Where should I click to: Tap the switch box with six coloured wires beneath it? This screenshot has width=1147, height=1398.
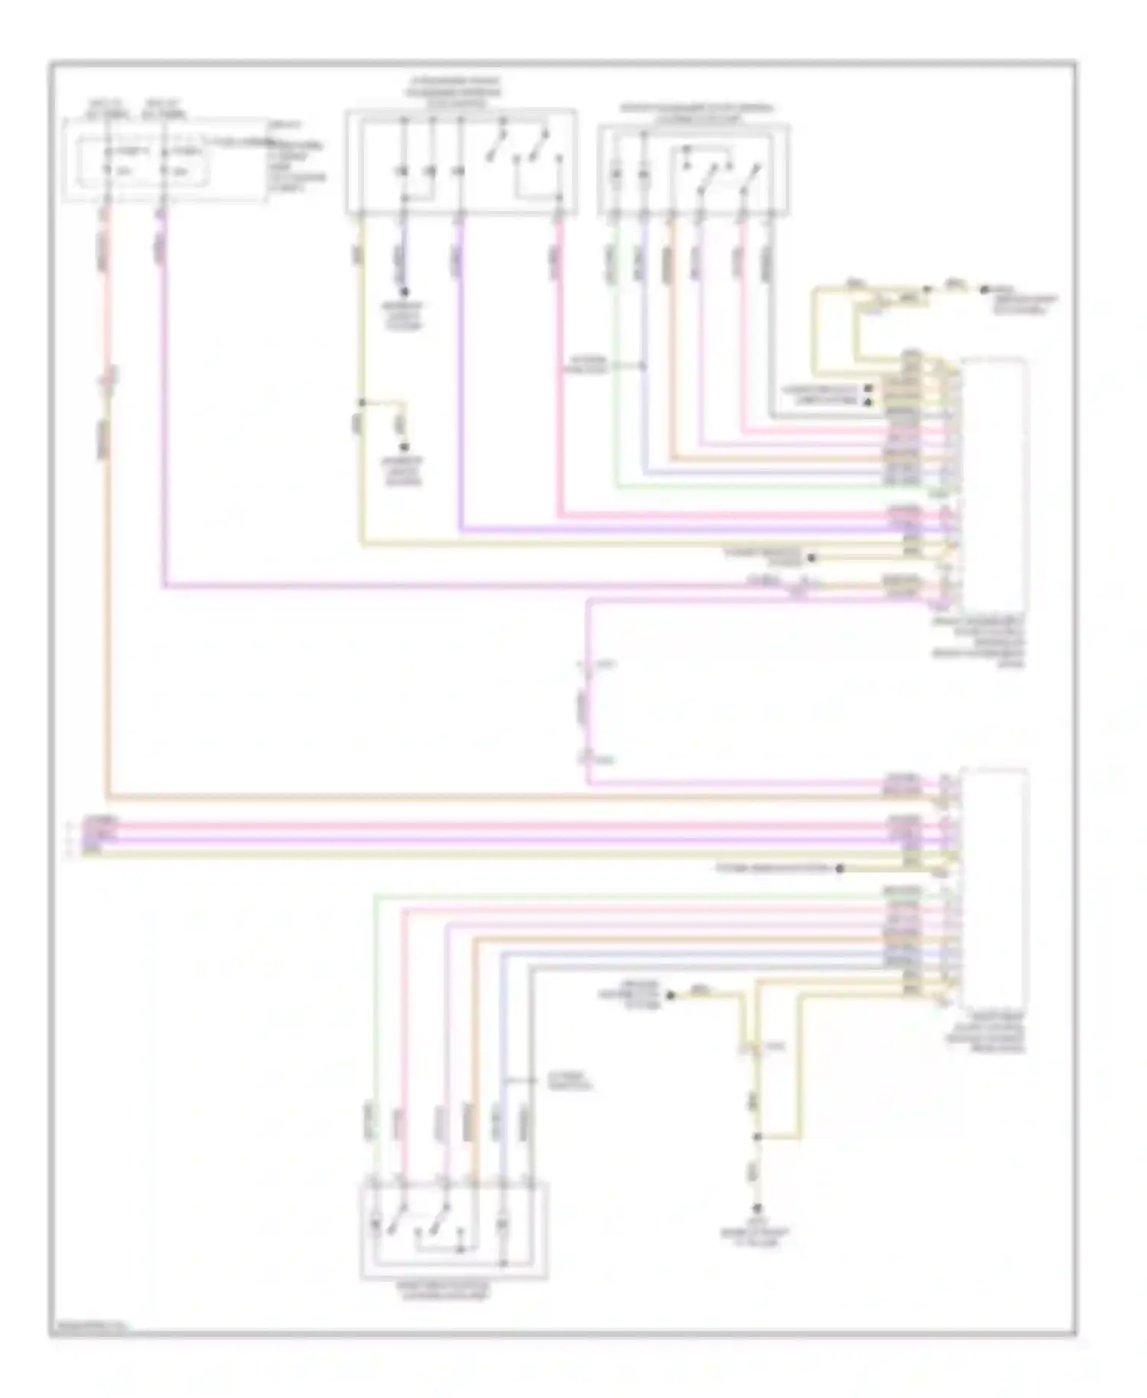coord(693,171)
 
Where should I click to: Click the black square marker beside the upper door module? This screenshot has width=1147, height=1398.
coord(868,389)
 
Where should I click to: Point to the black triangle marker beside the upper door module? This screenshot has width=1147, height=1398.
coord(868,402)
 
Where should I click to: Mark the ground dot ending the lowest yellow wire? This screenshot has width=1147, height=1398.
coord(758,1208)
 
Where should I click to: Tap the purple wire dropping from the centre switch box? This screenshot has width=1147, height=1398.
coord(460,382)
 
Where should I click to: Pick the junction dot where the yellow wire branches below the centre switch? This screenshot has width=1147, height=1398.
coord(362,402)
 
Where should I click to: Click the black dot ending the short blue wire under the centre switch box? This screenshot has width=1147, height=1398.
coord(405,292)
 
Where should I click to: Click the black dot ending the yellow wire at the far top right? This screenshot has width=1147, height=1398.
coord(985,289)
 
